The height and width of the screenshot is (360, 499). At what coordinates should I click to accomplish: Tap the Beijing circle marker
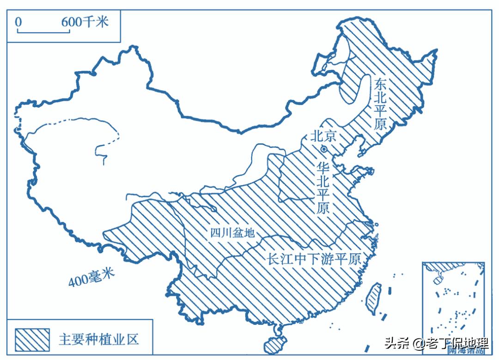tap(324, 149)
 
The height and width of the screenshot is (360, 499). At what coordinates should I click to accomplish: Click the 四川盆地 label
tap(232, 232)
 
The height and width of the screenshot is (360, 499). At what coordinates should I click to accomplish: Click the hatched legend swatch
tap(32, 340)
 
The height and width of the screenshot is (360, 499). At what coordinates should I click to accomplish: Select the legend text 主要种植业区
tap(99, 340)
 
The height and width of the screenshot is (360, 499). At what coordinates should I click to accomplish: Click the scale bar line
tap(43, 32)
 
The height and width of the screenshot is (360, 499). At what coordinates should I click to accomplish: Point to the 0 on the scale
tap(18, 22)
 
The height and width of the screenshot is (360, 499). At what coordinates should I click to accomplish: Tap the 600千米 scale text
tap(85, 21)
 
